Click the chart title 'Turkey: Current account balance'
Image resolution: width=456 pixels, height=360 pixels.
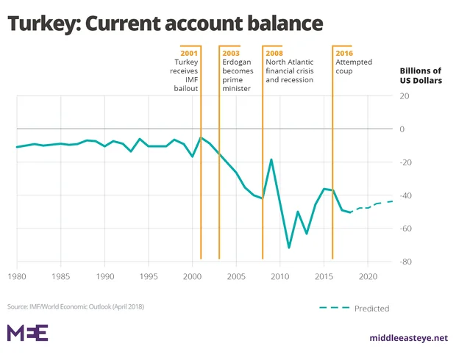(165, 24)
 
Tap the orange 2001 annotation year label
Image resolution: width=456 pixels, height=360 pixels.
(189, 53)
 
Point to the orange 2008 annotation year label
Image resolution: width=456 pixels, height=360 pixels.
(275, 53)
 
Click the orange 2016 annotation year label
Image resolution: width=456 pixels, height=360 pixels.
(344, 53)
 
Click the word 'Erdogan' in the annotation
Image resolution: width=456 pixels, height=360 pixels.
(238, 62)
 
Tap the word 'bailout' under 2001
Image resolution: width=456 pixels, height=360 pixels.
(186, 88)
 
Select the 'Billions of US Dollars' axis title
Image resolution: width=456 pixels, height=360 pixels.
(421, 75)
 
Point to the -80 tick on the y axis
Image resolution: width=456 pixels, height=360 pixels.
(405, 262)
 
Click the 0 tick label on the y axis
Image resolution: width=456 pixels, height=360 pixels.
(402, 129)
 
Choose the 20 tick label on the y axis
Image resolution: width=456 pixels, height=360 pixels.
(404, 96)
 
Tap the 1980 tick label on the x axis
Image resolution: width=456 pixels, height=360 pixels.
(17, 276)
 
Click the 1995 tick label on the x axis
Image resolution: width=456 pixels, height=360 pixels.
(149, 276)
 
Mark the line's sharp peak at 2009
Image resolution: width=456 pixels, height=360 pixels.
(271, 159)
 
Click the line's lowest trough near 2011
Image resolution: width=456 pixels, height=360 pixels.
(288, 248)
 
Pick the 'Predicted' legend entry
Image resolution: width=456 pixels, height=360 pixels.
(371, 309)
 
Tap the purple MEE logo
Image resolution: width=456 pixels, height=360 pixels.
(27, 332)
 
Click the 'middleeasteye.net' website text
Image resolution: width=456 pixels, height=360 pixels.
(408, 338)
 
